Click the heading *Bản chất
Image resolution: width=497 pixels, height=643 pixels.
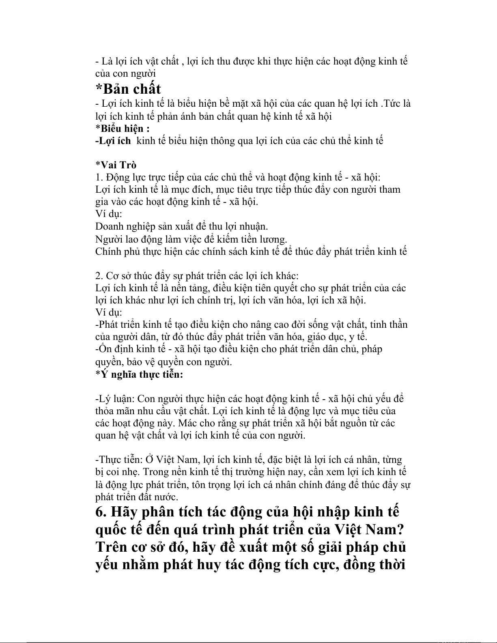point(128,88)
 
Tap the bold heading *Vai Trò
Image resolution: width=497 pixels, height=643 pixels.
point(116,165)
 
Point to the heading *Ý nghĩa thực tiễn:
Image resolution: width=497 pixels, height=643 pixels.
point(139,374)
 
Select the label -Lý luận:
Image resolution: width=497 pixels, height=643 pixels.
point(115,399)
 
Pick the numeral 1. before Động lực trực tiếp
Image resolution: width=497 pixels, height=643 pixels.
point(99,177)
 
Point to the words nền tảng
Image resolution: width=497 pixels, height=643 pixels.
point(191,288)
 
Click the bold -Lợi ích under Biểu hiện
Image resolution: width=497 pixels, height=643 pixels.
point(113,141)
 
